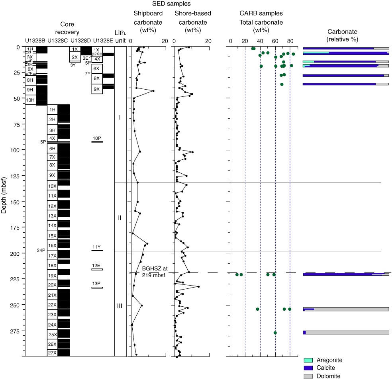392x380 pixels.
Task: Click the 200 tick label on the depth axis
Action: pos(15,254)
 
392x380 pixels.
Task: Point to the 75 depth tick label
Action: pos(16,124)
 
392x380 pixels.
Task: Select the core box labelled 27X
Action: pos(52,353)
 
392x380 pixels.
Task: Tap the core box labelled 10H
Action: pos(30,100)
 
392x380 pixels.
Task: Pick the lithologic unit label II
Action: pos(120,218)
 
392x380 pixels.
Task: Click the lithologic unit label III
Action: pos(120,306)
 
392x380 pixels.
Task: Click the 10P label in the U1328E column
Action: pos(97,138)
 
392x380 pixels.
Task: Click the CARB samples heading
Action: pos(261,13)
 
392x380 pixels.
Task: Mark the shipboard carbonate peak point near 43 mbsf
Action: pos(153,91)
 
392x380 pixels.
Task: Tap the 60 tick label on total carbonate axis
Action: pos(275,41)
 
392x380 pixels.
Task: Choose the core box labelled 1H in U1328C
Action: pos(52,109)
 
